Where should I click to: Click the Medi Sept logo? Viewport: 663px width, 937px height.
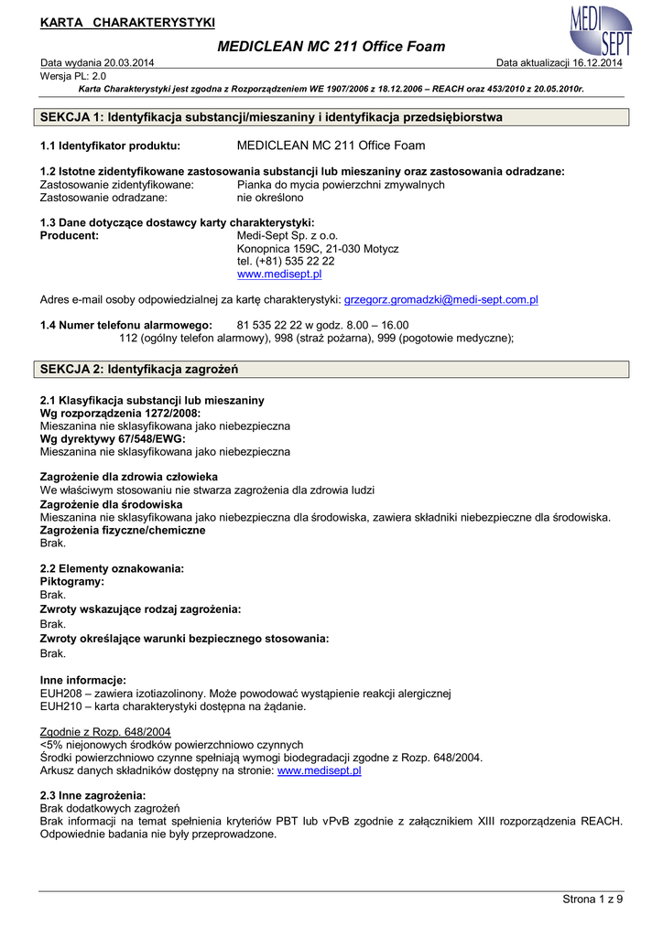click(x=601, y=30)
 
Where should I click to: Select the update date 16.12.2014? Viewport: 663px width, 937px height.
click(x=598, y=63)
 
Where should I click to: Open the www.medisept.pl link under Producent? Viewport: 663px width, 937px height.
click(x=279, y=275)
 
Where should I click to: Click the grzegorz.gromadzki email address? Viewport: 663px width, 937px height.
click(x=440, y=299)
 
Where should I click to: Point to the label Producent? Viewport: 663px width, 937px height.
click(x=70, y=236)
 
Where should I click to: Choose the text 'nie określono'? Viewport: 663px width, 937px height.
click(x=270, y=198)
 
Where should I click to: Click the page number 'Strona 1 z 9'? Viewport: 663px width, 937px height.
click(x=592, y=899)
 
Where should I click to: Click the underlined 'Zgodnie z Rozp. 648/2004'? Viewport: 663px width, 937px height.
click(x=105, y=732)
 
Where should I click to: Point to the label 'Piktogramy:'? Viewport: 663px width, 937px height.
click(x=72, y=581)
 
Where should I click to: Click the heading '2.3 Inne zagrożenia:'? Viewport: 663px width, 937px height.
click(x=93, y=795)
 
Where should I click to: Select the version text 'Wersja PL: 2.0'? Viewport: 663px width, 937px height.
click(x=74, y=76)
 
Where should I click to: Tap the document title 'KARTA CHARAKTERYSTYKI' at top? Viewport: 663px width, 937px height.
click(x=127, y=22)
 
